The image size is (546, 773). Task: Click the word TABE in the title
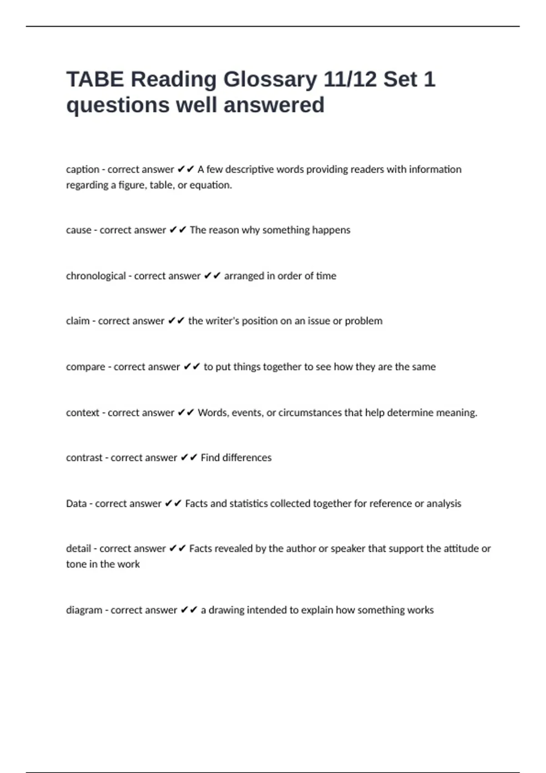(x=95, y=80)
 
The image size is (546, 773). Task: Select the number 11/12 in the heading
(x=350, y=80)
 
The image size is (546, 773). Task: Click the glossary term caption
(x=82, y=170)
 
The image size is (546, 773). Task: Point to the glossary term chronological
(x=96, y=276)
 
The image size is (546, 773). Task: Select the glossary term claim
(x=78, y=321)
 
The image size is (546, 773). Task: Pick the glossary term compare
(x=86, y=367)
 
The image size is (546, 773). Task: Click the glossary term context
(x=82, y=413)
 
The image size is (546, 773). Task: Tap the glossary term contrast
(x=84, y=458)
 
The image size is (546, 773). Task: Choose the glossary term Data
(x=76, y=504)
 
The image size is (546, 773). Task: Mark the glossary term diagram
(x=84, y=610)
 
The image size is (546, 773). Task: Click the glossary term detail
(x=78, y=549)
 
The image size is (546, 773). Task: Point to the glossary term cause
(x=79, y=230)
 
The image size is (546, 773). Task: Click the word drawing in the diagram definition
(x=226, y=610)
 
